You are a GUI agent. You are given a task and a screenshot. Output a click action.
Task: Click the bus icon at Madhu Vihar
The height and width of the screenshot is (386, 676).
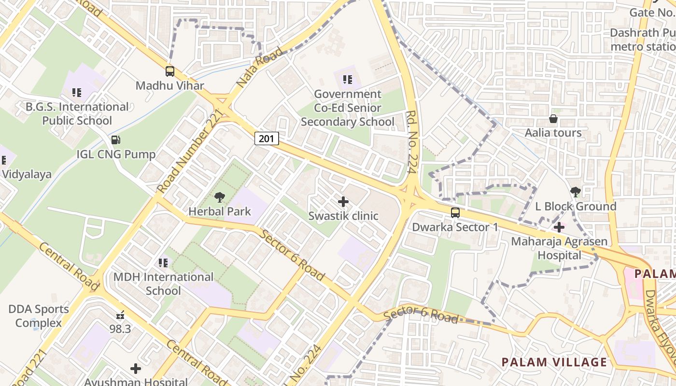tap(170, 71)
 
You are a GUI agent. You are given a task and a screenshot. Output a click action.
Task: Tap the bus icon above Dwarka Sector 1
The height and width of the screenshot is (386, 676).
tap(455, 213)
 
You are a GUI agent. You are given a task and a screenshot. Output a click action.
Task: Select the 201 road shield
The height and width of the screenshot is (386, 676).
tap(267, 139)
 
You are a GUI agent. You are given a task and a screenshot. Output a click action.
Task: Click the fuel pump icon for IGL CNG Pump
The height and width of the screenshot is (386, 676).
tap(116, 140)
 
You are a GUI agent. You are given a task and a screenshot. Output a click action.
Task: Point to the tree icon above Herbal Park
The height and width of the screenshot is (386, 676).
tap(220, 197)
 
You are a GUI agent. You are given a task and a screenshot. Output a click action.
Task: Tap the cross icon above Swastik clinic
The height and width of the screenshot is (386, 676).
tap(343, 201)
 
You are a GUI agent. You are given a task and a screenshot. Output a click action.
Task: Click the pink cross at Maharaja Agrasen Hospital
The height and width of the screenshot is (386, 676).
tap(559, 227)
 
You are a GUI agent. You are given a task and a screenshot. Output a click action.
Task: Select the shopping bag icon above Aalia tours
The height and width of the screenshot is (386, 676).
tap(553, 119)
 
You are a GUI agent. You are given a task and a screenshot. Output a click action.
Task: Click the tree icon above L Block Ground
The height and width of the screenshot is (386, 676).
tap(575, 192)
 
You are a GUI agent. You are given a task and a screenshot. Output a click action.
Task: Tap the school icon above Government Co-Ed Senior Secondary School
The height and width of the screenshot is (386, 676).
tap(347, 80)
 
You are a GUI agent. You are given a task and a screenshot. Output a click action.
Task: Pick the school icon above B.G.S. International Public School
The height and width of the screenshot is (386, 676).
tap(76, 92)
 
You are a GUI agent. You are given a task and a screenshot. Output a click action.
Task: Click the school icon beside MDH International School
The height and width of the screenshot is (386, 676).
tap(163, 263)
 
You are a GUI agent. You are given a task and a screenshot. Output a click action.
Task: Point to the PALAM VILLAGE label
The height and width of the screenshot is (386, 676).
tap(554, 362)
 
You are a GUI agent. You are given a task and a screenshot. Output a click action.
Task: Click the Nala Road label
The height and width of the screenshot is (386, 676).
tap(260, 68)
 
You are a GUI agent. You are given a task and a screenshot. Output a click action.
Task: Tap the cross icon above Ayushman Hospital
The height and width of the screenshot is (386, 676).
tap(136, 369)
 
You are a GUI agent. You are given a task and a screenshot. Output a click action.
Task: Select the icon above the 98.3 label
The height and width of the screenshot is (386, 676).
tap(120, 316)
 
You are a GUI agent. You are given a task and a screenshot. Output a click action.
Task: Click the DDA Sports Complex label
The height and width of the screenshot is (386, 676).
tap(39, 316)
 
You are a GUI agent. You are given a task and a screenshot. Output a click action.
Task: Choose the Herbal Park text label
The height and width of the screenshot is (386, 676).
tap(220, 211)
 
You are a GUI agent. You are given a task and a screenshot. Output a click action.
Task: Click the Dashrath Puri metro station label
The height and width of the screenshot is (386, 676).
tap(642, 40)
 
